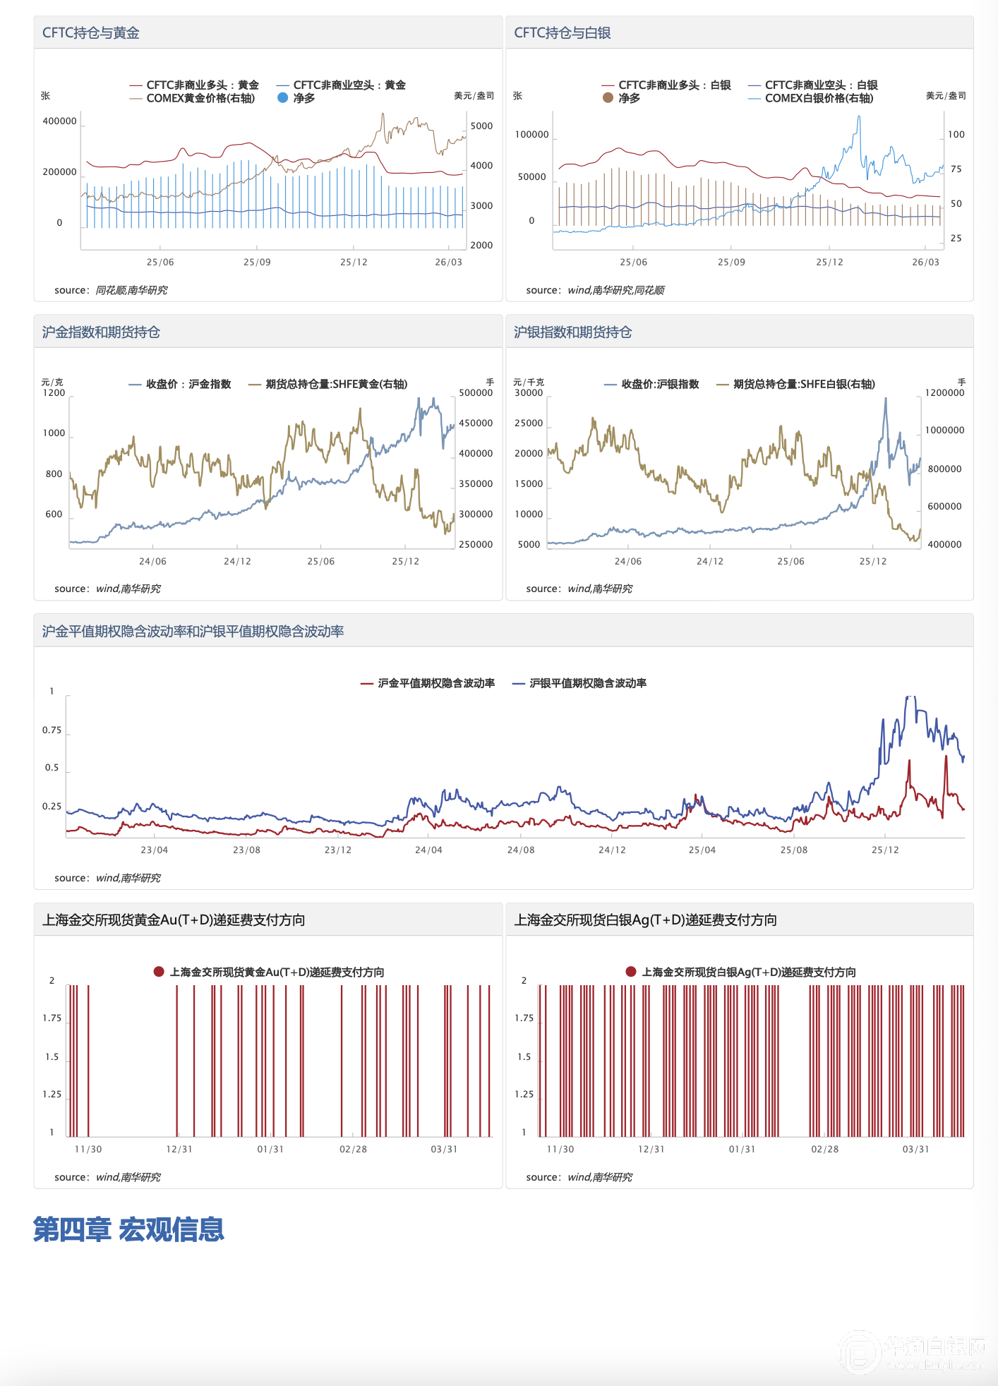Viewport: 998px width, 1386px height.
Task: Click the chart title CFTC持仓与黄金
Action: pos(91,33)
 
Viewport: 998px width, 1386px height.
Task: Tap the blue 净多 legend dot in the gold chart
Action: pos(283,98)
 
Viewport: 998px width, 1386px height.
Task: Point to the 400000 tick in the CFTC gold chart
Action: pos(59,121)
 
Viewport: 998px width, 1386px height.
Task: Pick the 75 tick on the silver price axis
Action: pos(956,169)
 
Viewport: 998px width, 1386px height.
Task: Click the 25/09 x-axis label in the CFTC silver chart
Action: pos(731,263)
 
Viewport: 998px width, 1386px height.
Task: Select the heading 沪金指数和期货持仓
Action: pos(101,332)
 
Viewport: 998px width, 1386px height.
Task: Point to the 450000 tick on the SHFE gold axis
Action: pos(476,423)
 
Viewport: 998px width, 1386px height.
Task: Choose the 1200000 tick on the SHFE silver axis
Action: pos(944,393)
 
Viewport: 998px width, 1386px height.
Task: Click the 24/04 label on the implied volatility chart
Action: pos(428,850)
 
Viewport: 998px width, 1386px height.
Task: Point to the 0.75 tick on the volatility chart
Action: pos(52,730)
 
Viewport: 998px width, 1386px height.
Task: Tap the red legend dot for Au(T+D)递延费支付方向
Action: pos(159,972)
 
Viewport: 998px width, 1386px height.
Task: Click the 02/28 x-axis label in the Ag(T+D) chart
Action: pos(824,1150)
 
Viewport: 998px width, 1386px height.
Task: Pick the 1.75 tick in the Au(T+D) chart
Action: pos(52,1018)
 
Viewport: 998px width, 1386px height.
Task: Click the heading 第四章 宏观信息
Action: pos(128,1229)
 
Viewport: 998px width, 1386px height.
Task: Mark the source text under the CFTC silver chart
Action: pos(595,290)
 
